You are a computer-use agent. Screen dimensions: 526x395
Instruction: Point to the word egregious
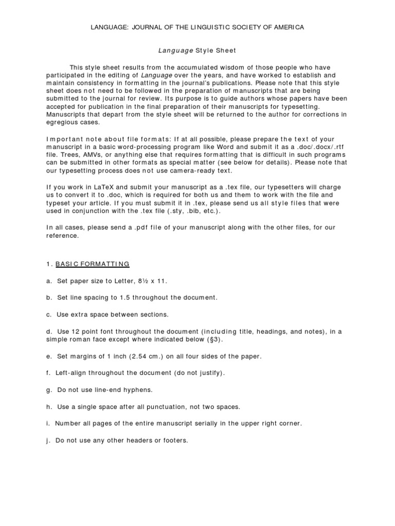click(x=62, y=122)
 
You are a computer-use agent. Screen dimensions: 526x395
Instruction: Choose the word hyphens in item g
click(x=138, y=390)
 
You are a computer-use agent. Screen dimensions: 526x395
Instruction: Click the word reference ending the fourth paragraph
click(x=62, y=236)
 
